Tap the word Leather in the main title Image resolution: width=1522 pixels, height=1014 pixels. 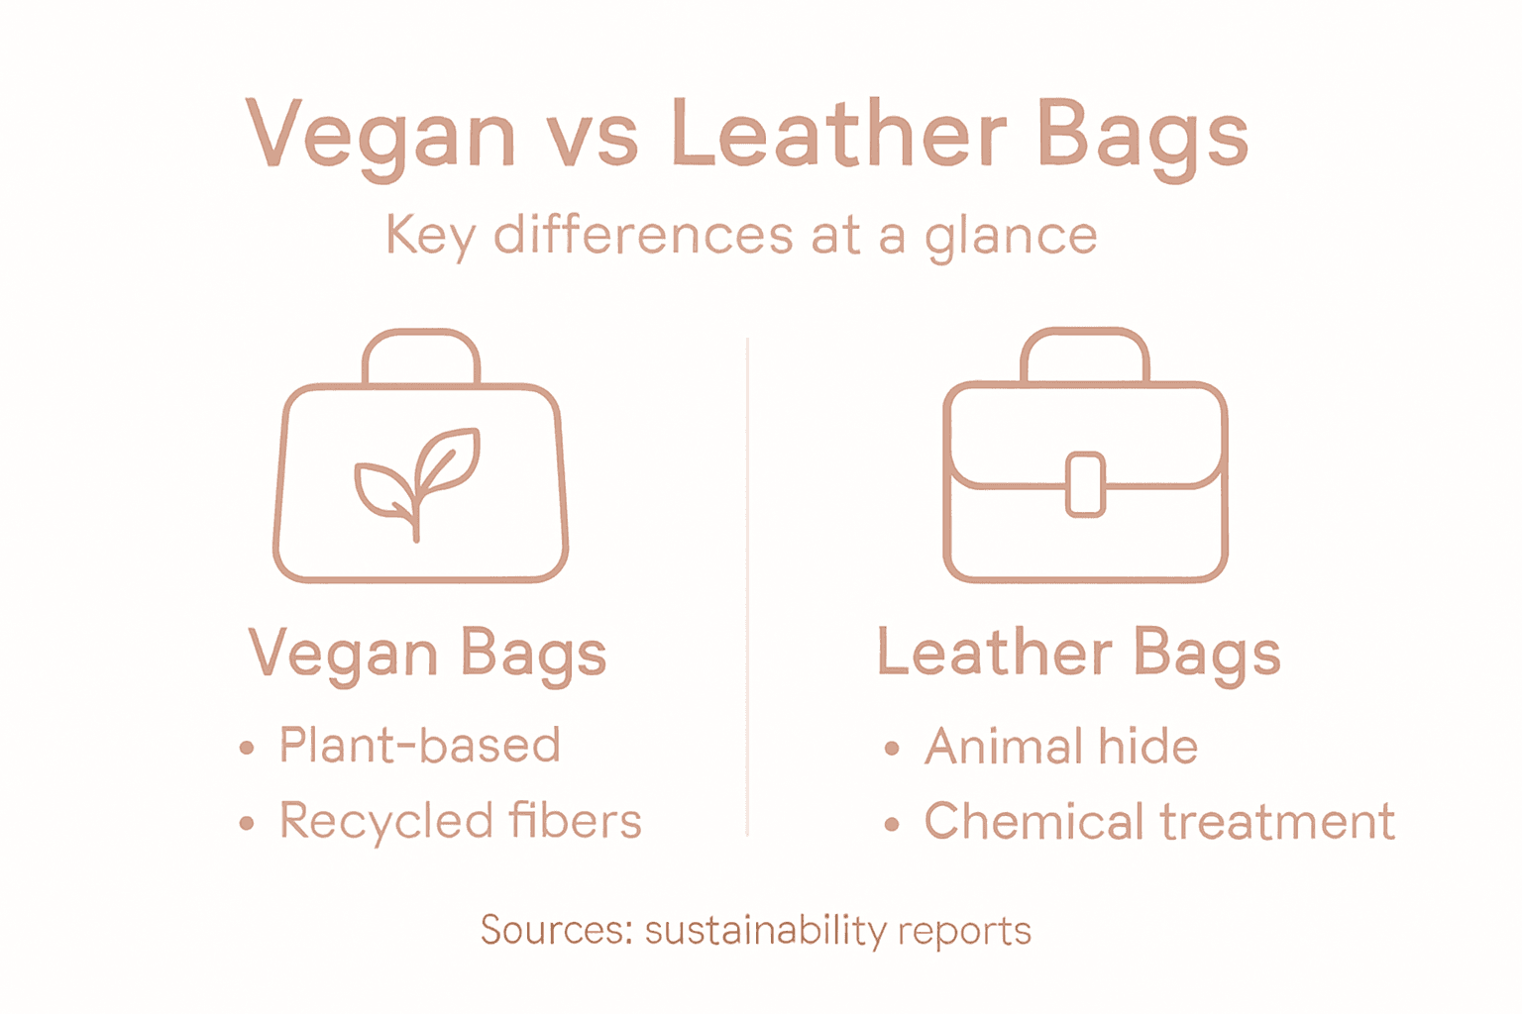pyautogui.click(x=838, y=134)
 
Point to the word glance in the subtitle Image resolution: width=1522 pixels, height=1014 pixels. pyautogui.click(x=1011, y=238)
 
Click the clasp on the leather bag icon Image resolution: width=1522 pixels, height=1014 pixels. pyautogui.click(x=1085, y=484)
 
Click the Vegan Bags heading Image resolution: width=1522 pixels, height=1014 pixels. pyautogui.click(x=427, y=654)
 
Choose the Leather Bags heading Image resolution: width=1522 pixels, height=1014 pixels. pyautogui.click(x=1078, y=654)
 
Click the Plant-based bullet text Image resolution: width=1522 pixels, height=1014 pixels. pyautogui.click(x=420, y=745)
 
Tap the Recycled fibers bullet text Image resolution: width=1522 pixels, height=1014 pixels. pyautogui.click(x=461, y=821)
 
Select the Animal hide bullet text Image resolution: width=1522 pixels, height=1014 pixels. pyautogui.click(x=1061, y=746)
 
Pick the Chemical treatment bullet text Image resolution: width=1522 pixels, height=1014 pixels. pyautogui.click(x=1159, y=822)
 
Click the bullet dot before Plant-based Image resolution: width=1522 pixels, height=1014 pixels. pyautogui.click(x=247, y=748)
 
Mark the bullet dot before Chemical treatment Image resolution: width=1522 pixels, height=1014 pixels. pyautogui.click(x=892, y=824)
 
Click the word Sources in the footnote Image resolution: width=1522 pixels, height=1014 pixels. pyautogui.click(x=556, y=930)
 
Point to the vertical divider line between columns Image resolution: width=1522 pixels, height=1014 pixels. pyautogui.click(x=747, y=594)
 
